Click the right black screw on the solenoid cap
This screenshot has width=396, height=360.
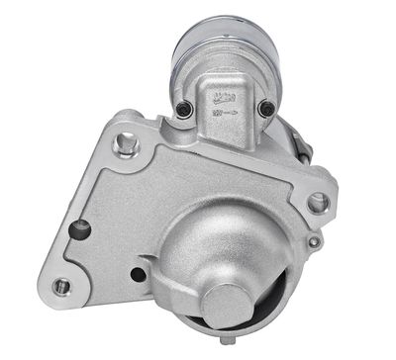pos(265,108)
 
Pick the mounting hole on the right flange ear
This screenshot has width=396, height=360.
pos(318,203)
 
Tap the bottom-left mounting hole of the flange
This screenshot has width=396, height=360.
pos(61,286)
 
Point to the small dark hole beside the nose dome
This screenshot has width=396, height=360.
pos(139,274)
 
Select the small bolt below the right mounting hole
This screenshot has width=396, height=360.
pos(314,241)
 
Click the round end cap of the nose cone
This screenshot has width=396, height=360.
pos(230,302)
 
